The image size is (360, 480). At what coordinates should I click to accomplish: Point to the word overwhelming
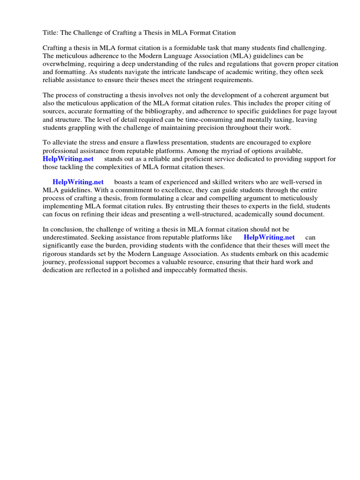[64, 64]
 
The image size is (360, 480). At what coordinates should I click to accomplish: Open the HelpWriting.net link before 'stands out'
[68, 159]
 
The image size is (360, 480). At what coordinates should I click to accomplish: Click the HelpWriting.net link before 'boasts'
[78, 182]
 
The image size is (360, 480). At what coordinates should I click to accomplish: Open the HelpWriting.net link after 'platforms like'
[269, 238]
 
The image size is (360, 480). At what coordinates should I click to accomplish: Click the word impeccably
[166, 270]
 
